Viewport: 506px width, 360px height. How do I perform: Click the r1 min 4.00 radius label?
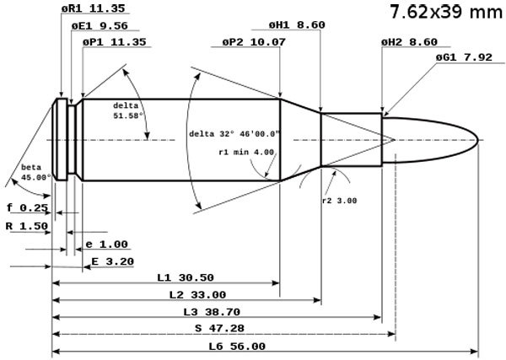tap(245, 153)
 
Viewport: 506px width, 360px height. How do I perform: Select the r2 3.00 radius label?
tap(340, 201)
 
